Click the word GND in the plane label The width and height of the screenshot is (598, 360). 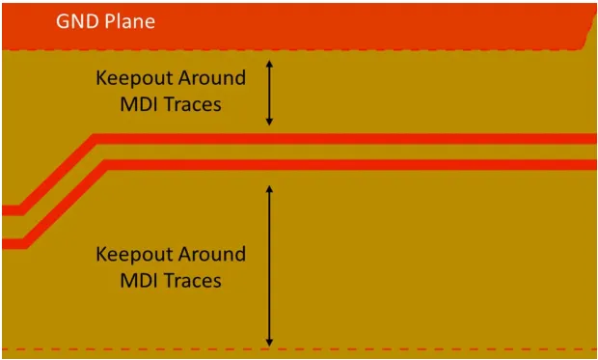78,21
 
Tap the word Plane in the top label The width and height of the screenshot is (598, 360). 129,21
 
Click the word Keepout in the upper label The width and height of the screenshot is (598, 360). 134,79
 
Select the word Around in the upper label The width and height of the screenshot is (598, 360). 211,78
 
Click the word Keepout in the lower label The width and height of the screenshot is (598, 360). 134,255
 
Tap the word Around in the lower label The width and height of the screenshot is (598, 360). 211,254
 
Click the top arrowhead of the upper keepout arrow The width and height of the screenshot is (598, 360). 269,64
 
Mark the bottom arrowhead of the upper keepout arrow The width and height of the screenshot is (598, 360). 269,123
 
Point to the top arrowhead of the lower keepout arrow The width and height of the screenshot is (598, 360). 269,189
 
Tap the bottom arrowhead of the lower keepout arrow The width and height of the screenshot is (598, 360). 269,343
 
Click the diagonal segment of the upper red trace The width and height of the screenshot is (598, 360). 57,175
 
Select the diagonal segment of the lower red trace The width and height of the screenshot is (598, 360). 64,205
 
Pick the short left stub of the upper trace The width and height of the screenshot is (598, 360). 12,210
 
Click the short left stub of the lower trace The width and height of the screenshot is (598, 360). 14,244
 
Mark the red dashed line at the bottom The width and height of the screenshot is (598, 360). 299,349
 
